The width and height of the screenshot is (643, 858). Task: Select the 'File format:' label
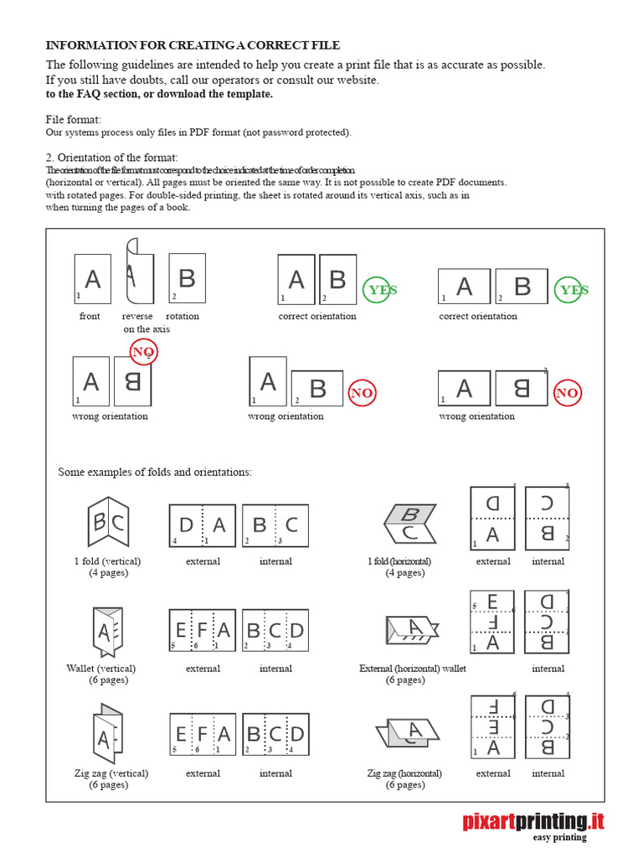73,120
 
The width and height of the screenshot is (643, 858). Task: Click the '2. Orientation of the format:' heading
111,158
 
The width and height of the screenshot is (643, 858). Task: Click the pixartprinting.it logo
533,821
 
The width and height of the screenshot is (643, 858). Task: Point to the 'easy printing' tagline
560,837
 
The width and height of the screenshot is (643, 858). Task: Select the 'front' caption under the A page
90,317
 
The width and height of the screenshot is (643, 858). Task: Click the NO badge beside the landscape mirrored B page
567,393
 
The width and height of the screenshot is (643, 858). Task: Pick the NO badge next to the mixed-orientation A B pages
362,393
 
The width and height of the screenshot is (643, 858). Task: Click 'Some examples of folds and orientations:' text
155,473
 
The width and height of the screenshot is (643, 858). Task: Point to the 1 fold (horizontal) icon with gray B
409,523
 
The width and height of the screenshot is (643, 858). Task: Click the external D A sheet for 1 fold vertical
203,525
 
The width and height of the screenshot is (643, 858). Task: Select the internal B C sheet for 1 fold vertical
275,525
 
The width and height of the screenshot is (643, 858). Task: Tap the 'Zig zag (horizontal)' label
404,773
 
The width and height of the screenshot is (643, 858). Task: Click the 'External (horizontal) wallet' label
413,669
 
